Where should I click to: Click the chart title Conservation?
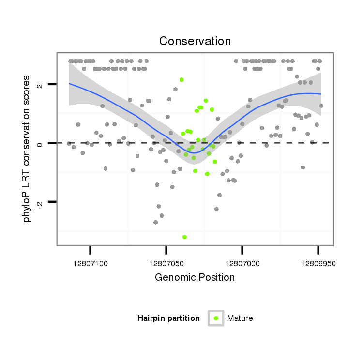[x=195, y=41]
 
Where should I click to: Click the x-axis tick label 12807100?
[x=91, y=264]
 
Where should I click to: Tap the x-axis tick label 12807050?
[x=166, y=264]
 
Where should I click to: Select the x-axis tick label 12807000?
[x=242, y=264]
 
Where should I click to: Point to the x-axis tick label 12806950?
[x=318, y=264]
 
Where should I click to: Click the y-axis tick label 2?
[x=40, y=85]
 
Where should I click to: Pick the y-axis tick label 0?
[x=40, y=143]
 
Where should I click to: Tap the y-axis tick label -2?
[x=40, y=202]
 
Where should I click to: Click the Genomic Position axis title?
[x=195, y=278]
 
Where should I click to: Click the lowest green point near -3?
[x=184, y=237]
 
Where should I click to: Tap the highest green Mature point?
[x=181, y=80]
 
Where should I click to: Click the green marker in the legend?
[x=216, y=318]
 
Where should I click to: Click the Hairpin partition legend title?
[x=168, y=318]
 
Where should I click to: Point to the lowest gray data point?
[x=155, y=222]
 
